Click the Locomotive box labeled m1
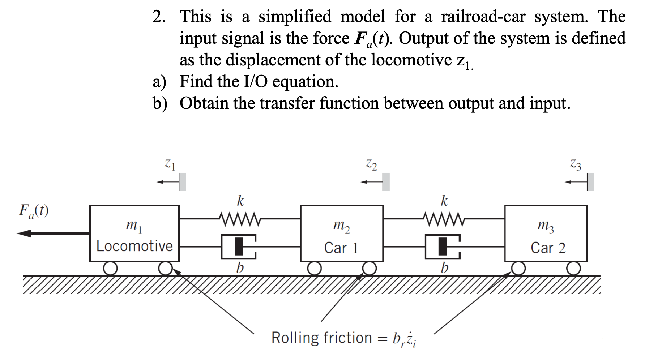[134, 233]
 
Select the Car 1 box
[342, 233]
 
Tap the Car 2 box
[546, 233]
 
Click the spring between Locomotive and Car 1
[239, 219]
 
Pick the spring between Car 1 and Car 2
[444, 219]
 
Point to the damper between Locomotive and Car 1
[239, 247]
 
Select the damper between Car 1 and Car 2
[443, 247]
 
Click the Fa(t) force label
[34, 211]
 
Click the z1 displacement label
[170, 164]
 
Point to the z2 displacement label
[371, 164]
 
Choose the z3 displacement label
[576, 164]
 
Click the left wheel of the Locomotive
[110, 269]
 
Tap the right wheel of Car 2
[573, 269]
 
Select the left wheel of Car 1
[315, 269]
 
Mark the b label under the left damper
[240, 268]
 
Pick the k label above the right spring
[444, 201]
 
